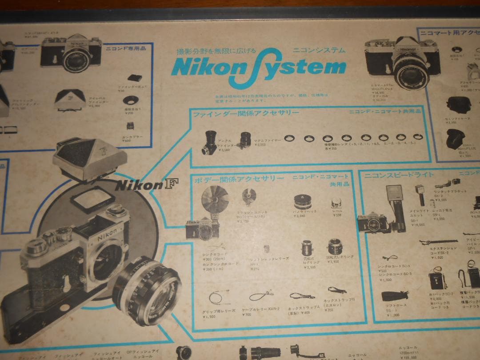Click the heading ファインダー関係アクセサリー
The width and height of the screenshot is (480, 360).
pyautogui.click(x=245, y=114)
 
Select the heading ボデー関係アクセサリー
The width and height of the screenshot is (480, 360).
pyautogui.click(x=239, y=179)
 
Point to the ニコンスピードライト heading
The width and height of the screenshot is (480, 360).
pyautogui.click(x=399, y=175)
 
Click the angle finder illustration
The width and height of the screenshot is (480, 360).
pyautogui.click(x=209, y=143)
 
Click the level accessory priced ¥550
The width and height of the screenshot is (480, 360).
pyautogui.click(x=336, y=204)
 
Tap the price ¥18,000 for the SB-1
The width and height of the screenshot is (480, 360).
pyautogui.click(x=418, y=224)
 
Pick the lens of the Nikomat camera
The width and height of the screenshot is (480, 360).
pyautogui.click(x=411, y=72)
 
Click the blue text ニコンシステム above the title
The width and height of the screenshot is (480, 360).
pyautogui.click(x=318, y=50)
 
